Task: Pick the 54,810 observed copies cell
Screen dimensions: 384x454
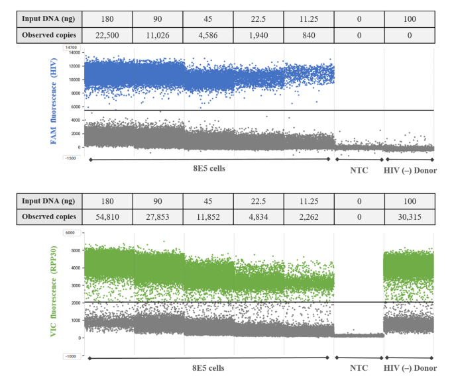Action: pyautogui.click(x=107, y=216)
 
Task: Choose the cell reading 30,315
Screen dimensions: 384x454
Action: pyautogui.click(x=410, y=216)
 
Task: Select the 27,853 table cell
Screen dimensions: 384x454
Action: pyautogui.click(x=157, y=216)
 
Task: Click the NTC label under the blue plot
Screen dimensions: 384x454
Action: pyautogui.click(x=359, y=169)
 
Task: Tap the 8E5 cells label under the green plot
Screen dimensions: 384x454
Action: pyautogui.click(x=209, y=367)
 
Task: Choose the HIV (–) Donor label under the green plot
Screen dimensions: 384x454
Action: pyautogui.click(x=410, y=367)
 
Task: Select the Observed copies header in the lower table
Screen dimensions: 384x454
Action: pyautogui.click(x=48, y=216)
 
